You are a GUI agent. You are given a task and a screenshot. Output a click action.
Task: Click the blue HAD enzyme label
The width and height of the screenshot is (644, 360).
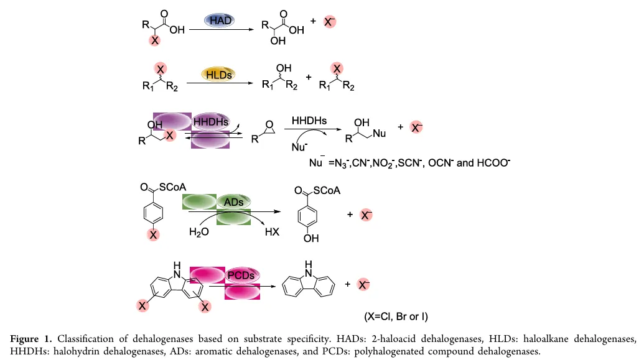click(222, 20)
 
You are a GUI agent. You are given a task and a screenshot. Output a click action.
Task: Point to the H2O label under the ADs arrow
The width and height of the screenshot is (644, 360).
click(198, 232)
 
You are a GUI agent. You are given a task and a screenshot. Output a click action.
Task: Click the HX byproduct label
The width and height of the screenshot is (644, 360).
click(273, 232)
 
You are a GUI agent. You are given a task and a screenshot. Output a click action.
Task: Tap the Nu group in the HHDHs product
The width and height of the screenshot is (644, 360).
click(380, 133)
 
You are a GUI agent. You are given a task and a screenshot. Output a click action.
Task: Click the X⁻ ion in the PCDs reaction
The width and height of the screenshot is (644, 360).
click(364, 285)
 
